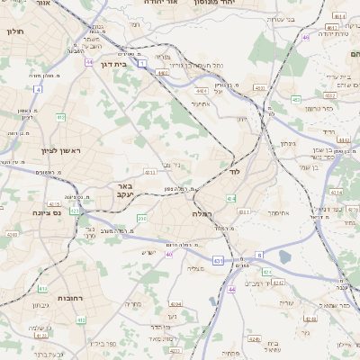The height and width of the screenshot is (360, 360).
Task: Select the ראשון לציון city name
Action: pos(60,150)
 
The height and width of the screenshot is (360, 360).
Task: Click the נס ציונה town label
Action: pos(44,213)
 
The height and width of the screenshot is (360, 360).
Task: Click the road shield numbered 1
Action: pos(141,64)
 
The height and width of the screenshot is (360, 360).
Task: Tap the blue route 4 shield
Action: pos(38,89)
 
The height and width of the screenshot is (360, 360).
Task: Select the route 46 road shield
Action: pos(306,38)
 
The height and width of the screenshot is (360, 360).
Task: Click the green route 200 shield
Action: pos(141,219)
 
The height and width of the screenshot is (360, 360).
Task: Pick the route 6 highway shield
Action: pos(259,255)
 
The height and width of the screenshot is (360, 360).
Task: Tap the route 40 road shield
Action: pos(168,255)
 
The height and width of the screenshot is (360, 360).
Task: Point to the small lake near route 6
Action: pos(285,256)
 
